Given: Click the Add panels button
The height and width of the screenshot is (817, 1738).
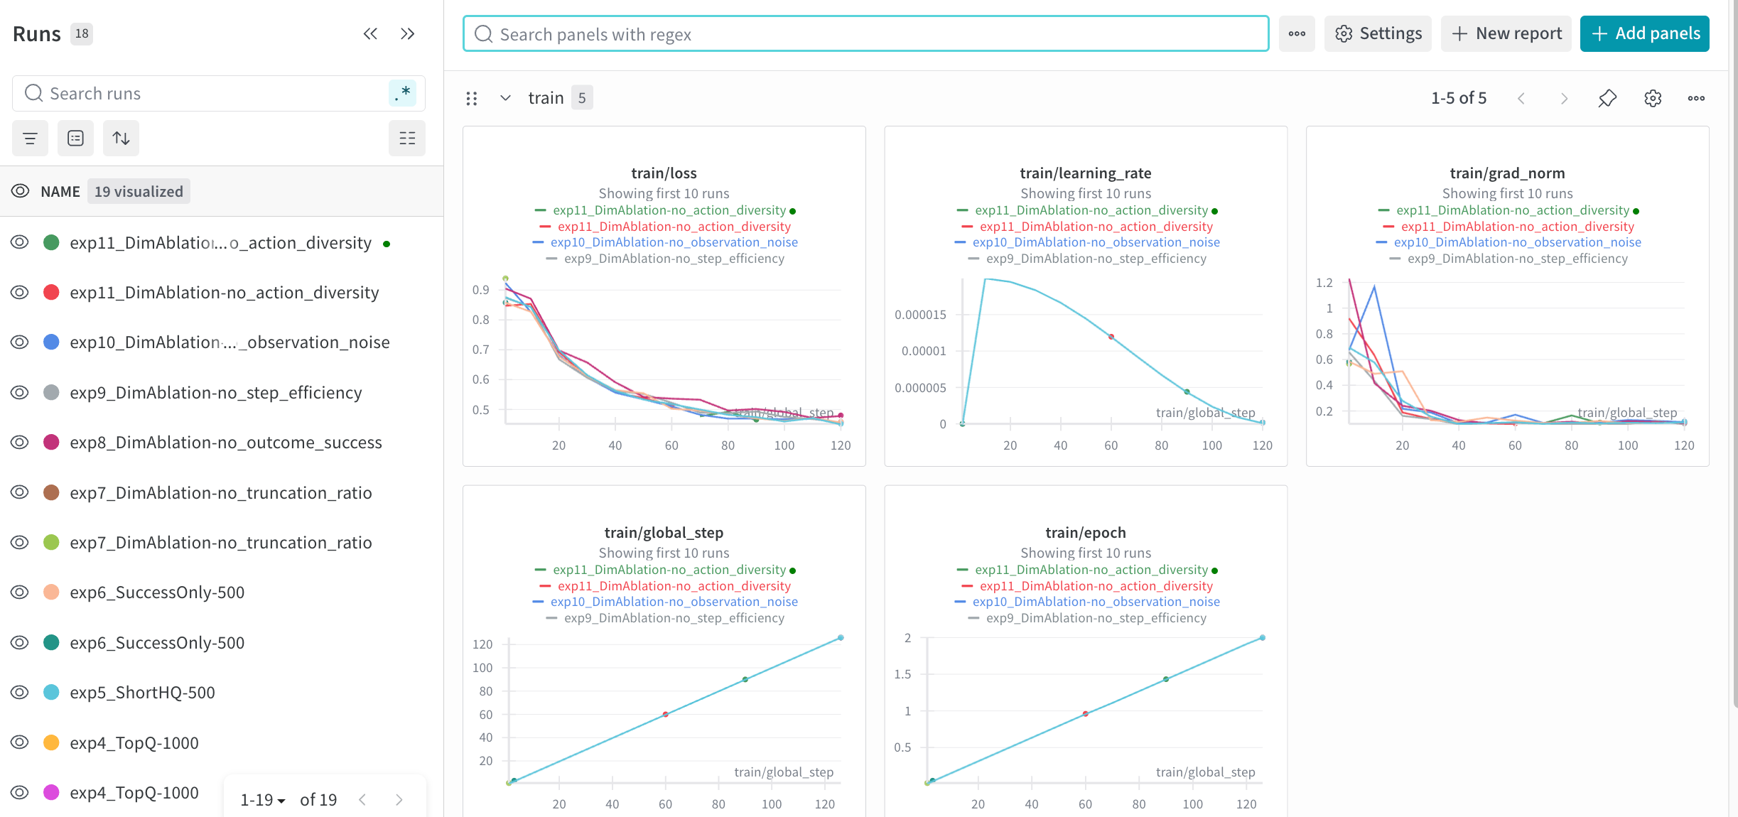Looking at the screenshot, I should pos(1644,33).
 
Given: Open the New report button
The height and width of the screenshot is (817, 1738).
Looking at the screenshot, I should pos(1506,33).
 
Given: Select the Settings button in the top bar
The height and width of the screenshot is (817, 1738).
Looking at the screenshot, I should pos(1378,33).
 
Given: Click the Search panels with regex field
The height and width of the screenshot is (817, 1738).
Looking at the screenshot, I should pos(865,34).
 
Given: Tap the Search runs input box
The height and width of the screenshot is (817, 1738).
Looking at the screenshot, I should pos(206,94).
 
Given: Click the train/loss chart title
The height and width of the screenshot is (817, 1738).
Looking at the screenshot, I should pos(664,173).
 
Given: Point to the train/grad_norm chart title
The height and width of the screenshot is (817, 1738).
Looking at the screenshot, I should pos(1507,173).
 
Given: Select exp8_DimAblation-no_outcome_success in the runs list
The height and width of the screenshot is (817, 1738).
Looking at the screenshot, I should pos(225,443).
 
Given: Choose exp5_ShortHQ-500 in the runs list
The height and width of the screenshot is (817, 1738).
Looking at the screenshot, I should pos(142,693).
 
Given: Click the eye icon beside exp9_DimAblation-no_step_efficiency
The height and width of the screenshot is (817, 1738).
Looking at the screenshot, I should pos(20,392).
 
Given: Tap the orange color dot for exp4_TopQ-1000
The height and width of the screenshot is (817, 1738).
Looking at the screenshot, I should pos(51,742).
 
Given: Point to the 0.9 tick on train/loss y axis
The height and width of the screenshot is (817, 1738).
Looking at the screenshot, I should pos(481,290).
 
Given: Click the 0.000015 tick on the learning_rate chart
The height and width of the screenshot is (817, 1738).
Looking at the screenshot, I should pos(920,315).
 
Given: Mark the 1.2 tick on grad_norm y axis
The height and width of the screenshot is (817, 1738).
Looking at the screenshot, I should pos(1324,283).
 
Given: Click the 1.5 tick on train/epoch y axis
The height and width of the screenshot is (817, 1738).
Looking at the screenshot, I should pos(902,674).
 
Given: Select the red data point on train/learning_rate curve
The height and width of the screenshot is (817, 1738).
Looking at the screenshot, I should pos(1111,337).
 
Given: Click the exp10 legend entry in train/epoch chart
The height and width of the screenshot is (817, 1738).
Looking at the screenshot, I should pos(1096,602).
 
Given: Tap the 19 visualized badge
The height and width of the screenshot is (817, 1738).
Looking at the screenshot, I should pos(139,192).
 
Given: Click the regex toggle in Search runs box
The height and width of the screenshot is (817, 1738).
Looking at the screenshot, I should pos(402,93).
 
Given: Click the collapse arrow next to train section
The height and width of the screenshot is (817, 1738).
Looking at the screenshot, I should pos(505,98).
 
